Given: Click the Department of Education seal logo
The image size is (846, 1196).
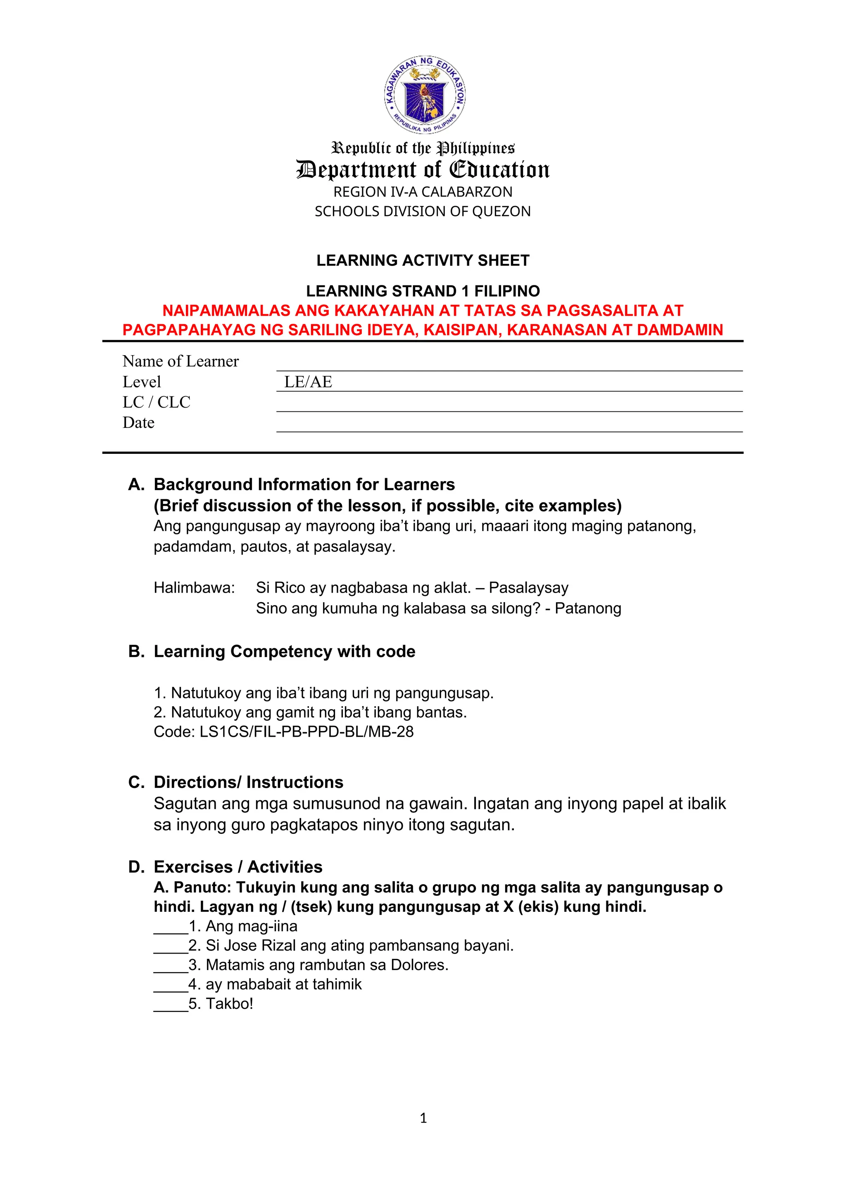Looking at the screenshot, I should point(424,94).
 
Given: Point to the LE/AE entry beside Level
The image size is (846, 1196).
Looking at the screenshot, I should point(308,382).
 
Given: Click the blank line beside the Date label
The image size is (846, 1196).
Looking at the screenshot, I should point(509,425).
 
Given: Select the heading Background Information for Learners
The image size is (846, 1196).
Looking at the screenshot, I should point(304,484).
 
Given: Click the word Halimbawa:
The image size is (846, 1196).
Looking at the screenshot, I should point(194,588).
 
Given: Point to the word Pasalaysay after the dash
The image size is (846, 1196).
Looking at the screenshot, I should point(528,588).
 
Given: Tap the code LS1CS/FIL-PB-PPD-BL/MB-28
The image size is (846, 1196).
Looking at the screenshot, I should point(307,731).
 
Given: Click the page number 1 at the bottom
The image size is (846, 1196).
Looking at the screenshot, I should point(423,1118).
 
